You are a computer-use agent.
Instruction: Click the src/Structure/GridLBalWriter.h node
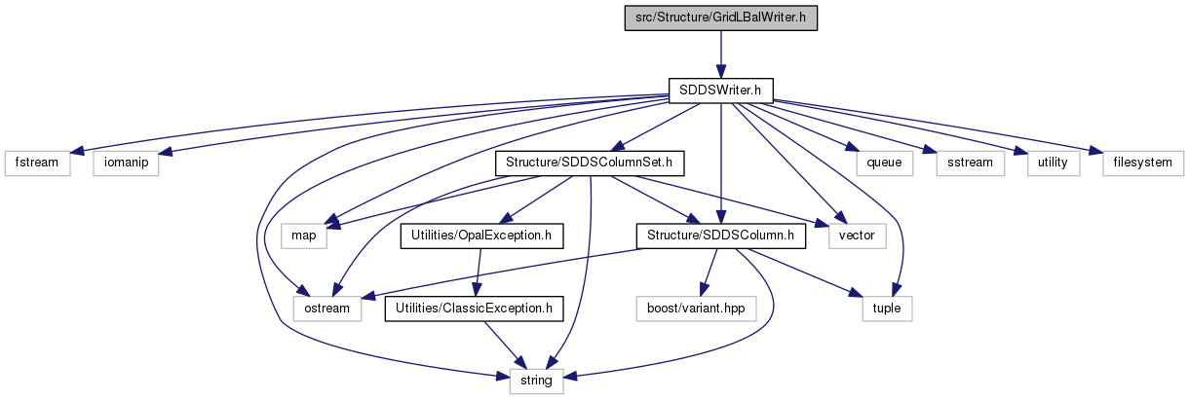point(721,18)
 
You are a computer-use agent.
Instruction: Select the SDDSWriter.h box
point(721,91)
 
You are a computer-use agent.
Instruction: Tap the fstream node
point(37,164)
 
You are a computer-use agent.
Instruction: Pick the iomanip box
point(126,164)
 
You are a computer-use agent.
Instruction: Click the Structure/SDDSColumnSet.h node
point(590,164)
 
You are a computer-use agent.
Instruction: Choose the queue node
point(884,164)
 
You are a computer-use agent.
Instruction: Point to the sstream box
point(971,164)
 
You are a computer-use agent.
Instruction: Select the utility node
point(1054,164)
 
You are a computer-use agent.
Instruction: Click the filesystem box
point(1143,164)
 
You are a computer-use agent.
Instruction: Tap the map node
point(304,236)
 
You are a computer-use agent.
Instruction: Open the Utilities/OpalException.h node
point(481,236)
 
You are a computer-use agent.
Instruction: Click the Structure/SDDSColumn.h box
point(721,236)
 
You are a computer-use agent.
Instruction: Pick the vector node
point(857,236)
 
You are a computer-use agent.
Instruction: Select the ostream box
point(327,309)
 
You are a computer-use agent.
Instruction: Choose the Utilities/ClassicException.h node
point(474,309)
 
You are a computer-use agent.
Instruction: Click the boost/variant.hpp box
point(696,309)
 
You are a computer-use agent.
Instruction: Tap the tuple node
point(887,309)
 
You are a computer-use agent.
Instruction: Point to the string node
point(536,381)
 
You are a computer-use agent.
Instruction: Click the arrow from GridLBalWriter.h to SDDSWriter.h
point(721,55)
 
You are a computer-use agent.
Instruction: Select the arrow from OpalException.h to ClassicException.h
point(479,273)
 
